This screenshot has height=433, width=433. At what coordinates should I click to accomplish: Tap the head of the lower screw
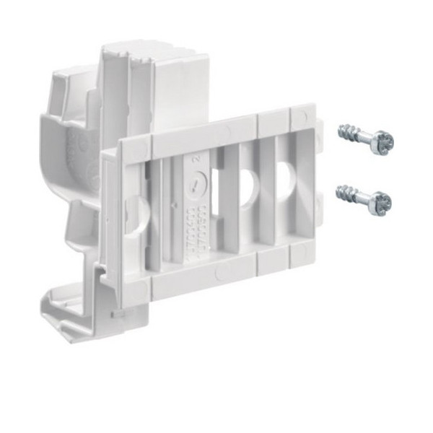coord(380,204)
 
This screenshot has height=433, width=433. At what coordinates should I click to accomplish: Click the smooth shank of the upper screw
coord(364,138)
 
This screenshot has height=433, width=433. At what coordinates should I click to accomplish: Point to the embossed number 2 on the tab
coord(194,157)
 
